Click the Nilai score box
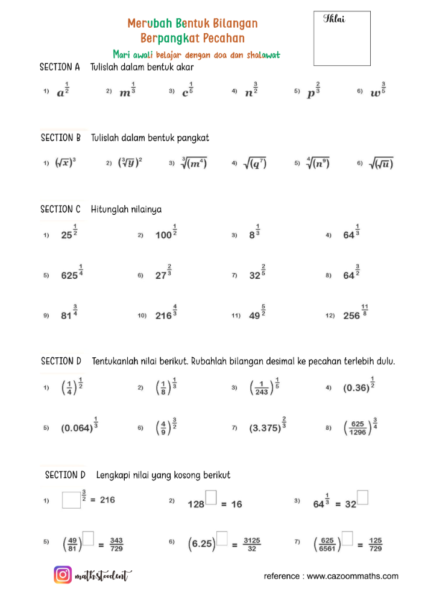[x=342, y=38]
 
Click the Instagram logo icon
[x=63, y=575]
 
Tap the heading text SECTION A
[x=60, y=67]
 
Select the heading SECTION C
[x=60, y=209]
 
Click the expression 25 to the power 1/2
[x=71, y=234]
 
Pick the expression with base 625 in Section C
[x=72, y=273]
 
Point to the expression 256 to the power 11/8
[x=355, y=314]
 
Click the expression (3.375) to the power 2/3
[x=267, y=427]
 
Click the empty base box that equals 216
[x=71, y=500]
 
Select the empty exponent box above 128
[x=211, y=498]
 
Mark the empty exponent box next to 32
[x=363, y=498]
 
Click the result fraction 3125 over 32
[x=252, y=544]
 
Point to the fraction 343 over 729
[x=117, y=544]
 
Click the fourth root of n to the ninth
[x=317, y=163]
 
